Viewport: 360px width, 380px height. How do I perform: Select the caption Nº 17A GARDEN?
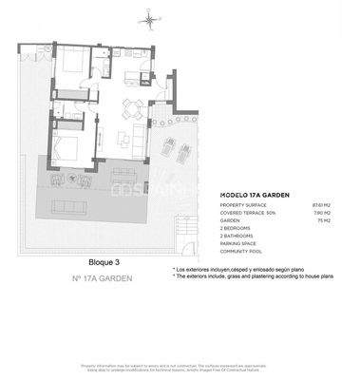coord(102,278)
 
